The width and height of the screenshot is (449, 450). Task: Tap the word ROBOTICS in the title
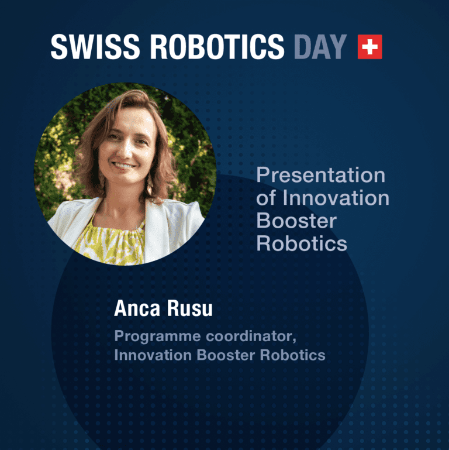point(217,47)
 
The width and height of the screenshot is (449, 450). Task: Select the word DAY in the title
point(320,47)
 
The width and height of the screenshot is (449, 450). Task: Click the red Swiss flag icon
point(369,47)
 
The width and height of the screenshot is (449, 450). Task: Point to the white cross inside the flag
point(369,47)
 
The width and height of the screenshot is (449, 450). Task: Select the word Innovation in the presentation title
point(336,198)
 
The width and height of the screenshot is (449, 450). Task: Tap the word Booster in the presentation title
point(296,220)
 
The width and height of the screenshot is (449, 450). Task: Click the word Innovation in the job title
point(148,355)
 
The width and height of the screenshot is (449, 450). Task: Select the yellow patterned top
point(111,243)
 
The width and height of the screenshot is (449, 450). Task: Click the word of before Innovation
point(266,198)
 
